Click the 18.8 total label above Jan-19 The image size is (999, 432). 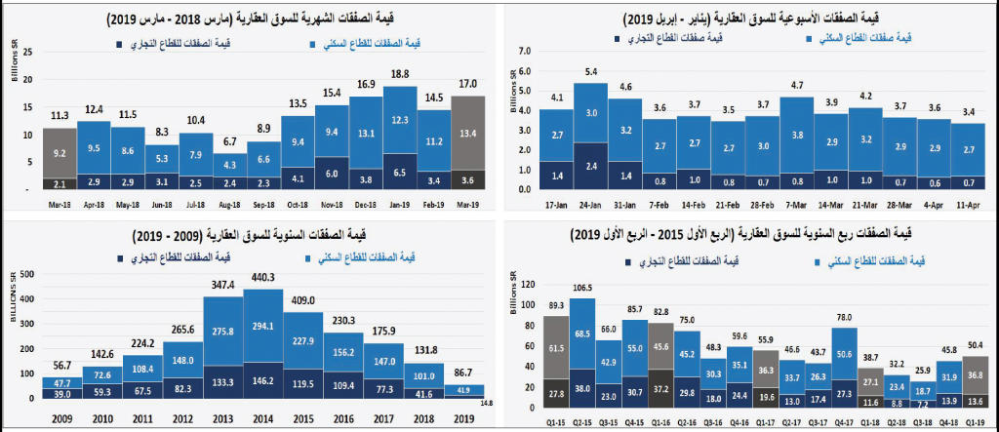click(x=400, y=74)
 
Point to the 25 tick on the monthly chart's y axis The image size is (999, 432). click(x=29, y=50)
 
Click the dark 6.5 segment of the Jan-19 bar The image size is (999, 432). click(x=400, y=171)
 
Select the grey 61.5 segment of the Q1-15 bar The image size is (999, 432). click(x=556, y=347)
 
